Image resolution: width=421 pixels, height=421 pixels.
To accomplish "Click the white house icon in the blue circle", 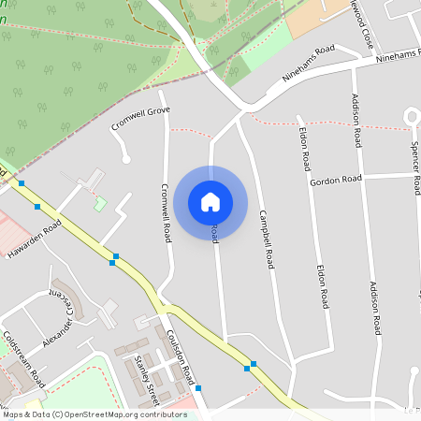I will tap(210, 200).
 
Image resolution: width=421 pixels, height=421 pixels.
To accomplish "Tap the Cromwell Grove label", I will tap(140, 118).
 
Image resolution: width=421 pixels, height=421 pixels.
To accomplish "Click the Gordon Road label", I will tap(336, 180).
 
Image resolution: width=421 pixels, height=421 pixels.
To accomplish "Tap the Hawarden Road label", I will tap(35, 240).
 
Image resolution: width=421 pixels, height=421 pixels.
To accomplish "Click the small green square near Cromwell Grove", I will tap(100, 203).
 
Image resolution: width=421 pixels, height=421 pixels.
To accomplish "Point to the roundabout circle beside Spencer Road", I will tap(412, 116).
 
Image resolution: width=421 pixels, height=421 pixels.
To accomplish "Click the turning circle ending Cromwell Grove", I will tap(126, 159).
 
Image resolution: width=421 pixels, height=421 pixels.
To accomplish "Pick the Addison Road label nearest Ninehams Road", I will tap(356, 121).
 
